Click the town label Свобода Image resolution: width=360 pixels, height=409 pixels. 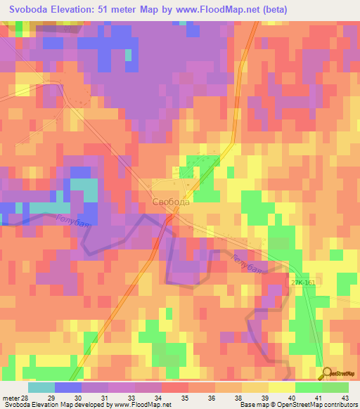(x=171, y=202)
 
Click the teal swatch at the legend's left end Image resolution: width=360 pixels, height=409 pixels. (x=41, y=387)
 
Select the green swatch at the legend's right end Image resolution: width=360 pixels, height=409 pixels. (x=335, y=387)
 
